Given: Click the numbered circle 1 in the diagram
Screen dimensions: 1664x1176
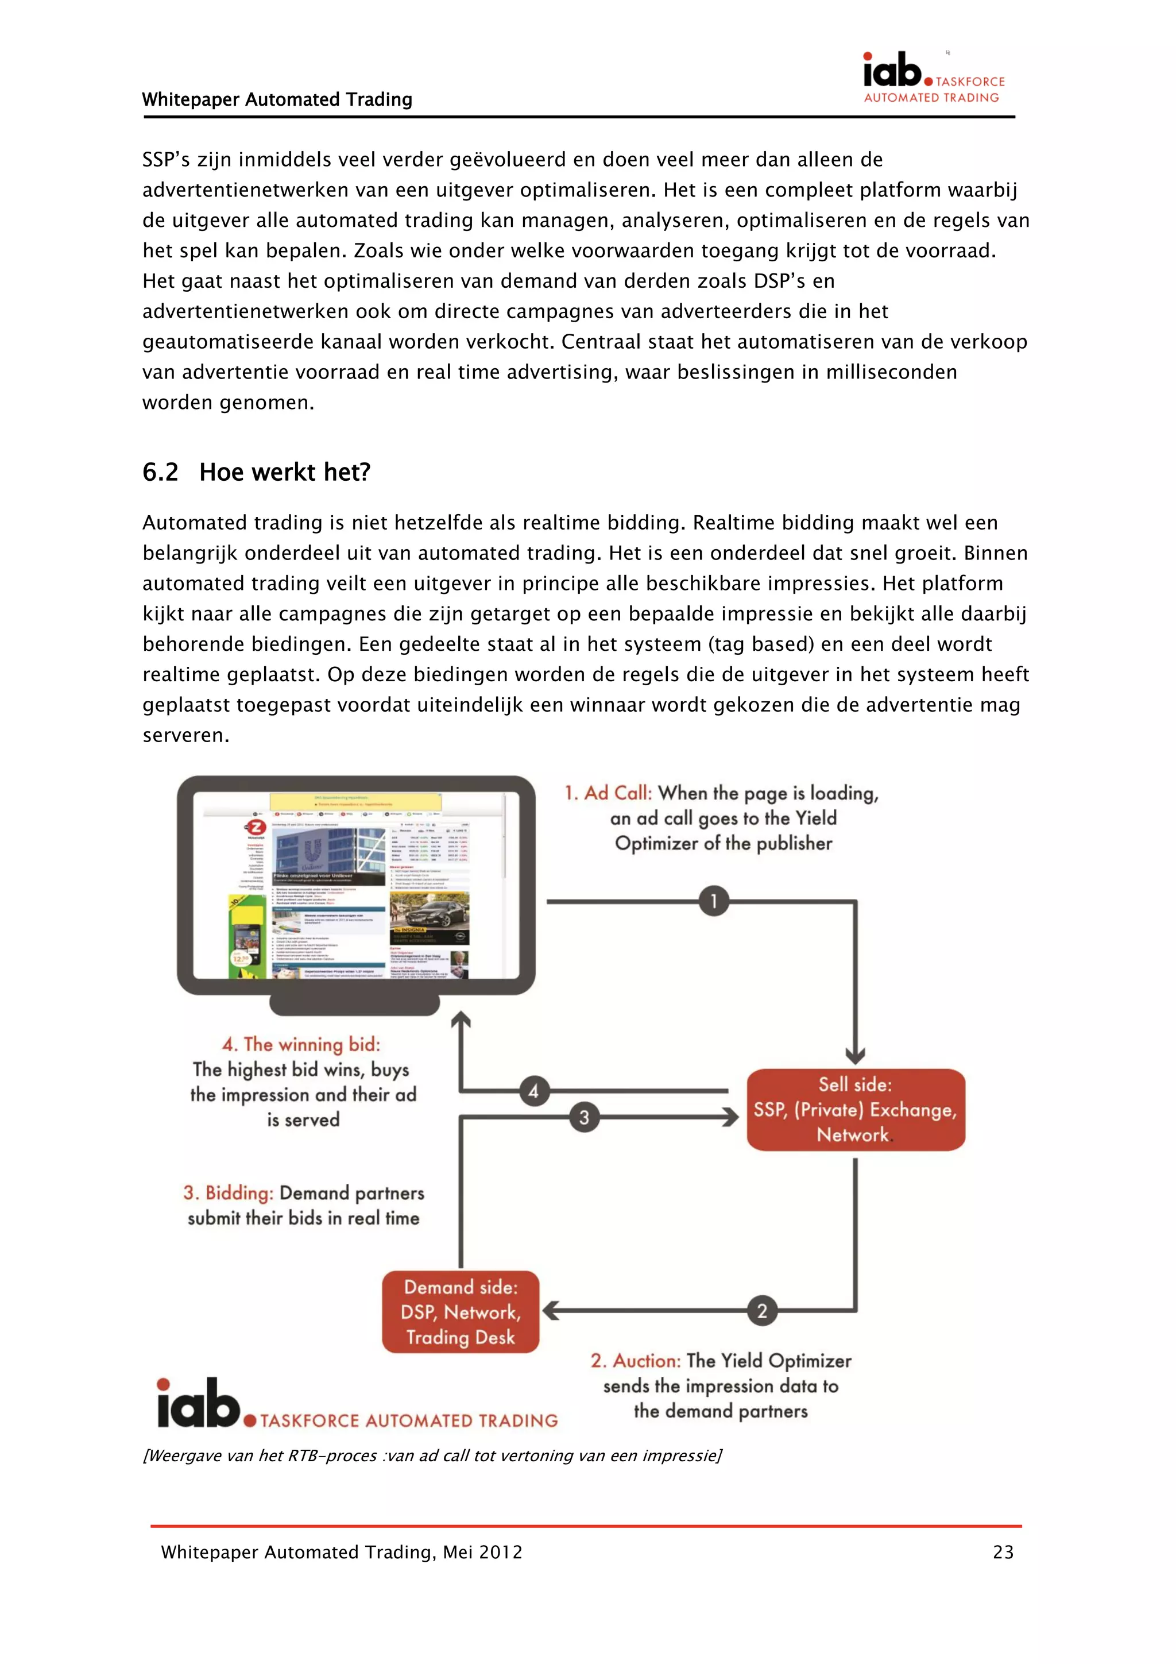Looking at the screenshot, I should pyautogui.click(x=713, y=901).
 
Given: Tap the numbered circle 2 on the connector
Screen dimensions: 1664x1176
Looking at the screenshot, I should pyautogui.click(x=761, y=1310).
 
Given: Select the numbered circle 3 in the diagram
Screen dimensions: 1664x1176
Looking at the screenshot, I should pyautogui.click(x=583, y=1117).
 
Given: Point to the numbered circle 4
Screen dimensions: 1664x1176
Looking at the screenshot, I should pyautogui.click(x=533, y=1091).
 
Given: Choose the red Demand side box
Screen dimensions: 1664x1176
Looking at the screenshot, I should pyautogui.click(x=461, y=1312).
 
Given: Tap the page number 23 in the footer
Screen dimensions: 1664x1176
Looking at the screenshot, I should pyautogui.click(x=1003, y=1553).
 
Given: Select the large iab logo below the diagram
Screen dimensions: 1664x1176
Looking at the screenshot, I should pyautogui.click(x=199, y=1403).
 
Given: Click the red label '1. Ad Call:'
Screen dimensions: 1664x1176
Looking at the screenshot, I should pyautogui.click(x=608, y=793).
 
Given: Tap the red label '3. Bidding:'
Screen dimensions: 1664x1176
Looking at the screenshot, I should pyautogui.click(x=228, y=1193).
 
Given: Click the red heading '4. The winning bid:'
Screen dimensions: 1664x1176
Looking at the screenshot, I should pyautogui.click(x=301, y=1044).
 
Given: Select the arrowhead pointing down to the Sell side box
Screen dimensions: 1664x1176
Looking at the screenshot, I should pyautogui.click(x=855, y=1055).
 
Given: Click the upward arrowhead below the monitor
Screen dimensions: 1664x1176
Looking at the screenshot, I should pyautogui.click(x=461, y=1021).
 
